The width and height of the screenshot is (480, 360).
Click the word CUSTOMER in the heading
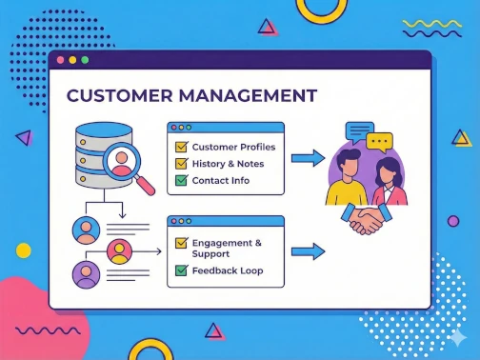point(117,96)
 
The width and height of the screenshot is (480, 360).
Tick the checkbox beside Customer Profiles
point(180,148)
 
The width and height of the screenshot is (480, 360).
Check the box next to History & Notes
point(180,164)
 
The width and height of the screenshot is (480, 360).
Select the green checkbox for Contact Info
point(180,180)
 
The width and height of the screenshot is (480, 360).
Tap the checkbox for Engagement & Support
point(180,244)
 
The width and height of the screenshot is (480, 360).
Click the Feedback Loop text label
point(227,270)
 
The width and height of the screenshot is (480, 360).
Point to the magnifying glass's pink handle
point(145,187)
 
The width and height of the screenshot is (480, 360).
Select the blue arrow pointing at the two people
point(308,158)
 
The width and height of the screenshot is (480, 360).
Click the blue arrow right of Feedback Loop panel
point(308,251)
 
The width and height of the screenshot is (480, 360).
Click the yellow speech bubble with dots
point(380,143)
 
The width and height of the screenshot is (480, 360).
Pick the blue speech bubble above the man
point(359,130)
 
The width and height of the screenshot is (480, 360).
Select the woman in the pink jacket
point(390,185)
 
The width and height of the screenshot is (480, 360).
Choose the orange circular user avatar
point(119,251)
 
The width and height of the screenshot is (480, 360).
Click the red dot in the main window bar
point(60,59)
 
